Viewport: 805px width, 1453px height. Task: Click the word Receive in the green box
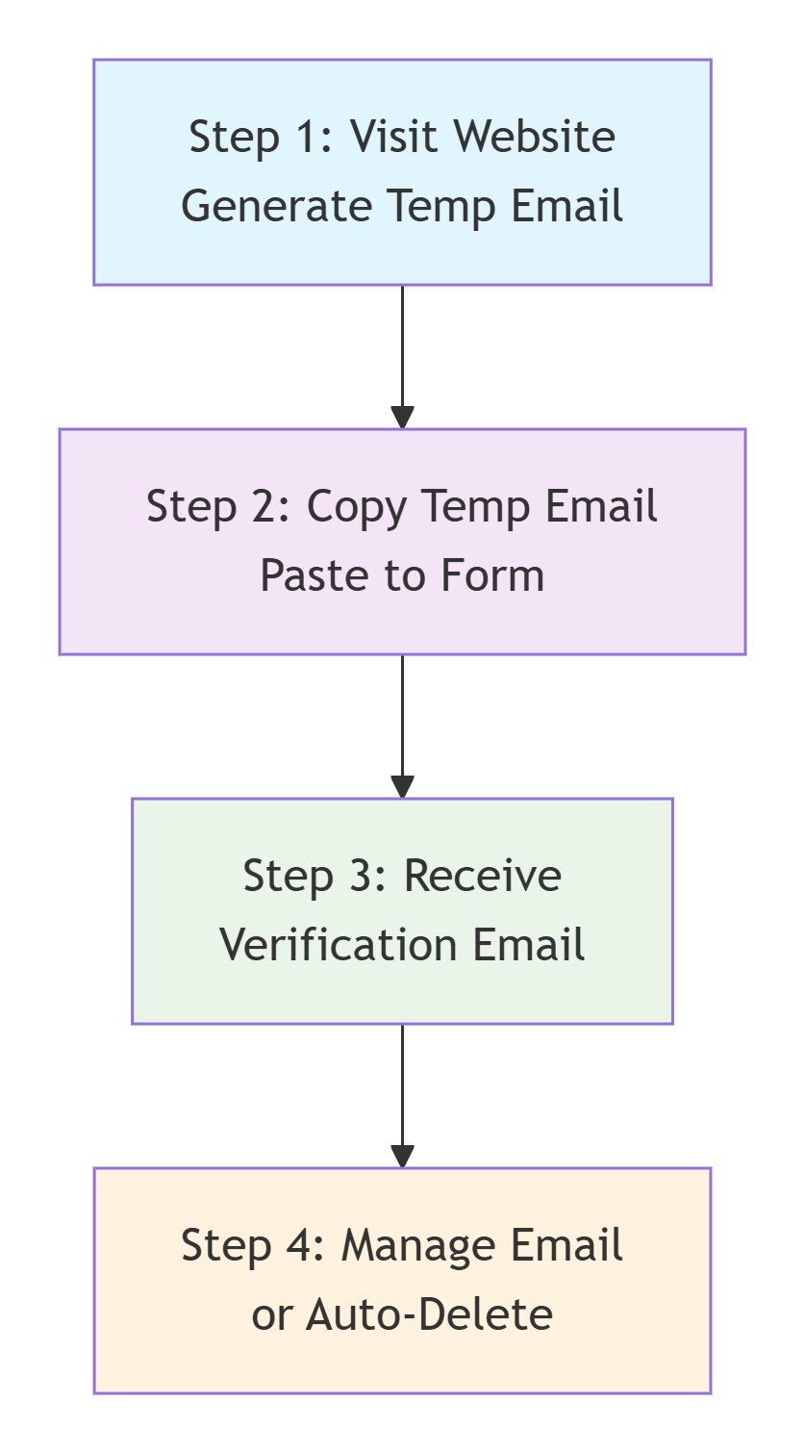pyautogui.click(x=482, y=876)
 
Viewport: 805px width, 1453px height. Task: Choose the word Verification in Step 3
pyautogui.click(x=330, y=945)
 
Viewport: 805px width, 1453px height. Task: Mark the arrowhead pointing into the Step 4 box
pyautogui.click(x=402, y=1156)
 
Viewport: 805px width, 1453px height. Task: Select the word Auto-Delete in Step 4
pyautogui.click(x=429, y=1314)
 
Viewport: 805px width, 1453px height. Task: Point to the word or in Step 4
pyautogui.click(x=270, y=1314)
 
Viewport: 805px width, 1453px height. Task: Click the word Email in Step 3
pyautogui.click(x=528, y=945)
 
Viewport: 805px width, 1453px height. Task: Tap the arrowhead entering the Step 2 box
pyautogui.click(x=402, y=417)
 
